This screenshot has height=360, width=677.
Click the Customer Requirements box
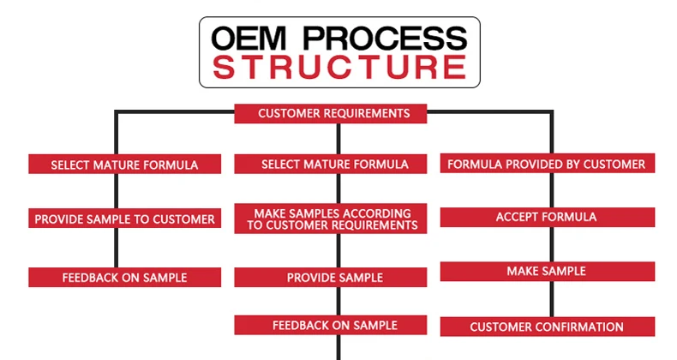click(x=330, y=113)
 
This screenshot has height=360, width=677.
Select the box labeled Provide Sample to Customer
click(x=125, y=219)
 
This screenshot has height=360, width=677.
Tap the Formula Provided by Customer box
click(x=548, y=163)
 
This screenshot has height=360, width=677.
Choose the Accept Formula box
click(x=548, y=217)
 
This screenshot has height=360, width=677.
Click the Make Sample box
click(x=548, y=272)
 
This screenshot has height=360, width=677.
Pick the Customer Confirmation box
click(x=548, y=327)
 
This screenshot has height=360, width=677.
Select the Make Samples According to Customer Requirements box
click(x=330, y=219)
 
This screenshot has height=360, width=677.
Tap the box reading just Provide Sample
click(x=330, y=278)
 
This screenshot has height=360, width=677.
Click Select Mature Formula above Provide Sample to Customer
click(x=125, y=164)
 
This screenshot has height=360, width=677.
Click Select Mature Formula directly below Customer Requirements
click(x=330, y=164)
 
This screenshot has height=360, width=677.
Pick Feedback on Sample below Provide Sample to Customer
click(x=125, y=278)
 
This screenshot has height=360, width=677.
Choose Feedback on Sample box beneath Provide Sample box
click(x=330, y=325)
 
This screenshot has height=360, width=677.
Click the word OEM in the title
click(x=249, y=38)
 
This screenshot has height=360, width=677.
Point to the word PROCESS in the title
click(x=385, y=38)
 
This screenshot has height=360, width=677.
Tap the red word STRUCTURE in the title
click(x=339, y=67)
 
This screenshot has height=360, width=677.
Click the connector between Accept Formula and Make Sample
click(x=552, y=244)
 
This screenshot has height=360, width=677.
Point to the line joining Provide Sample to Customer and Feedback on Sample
click(x=117, y=248)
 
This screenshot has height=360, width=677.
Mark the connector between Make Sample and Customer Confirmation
click(x=552, y=299)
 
